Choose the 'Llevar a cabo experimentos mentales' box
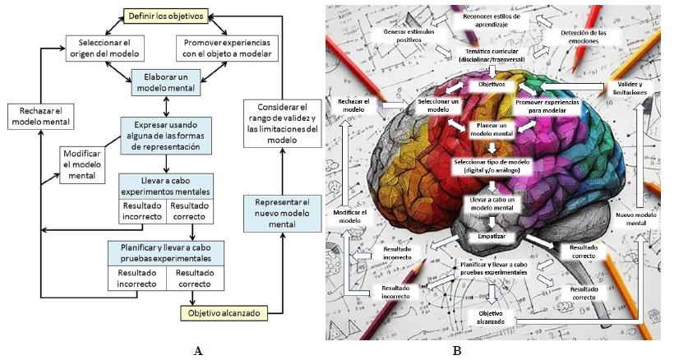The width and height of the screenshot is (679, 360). [x=165, y=186]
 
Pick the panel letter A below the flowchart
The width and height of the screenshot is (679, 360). [x=197, y=351]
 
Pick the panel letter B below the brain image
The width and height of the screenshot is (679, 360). [x=456, y=351]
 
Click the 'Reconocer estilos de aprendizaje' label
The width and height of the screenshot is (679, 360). [x=492, y=19]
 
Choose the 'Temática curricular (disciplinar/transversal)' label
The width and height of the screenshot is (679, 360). [x=492, y=56]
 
